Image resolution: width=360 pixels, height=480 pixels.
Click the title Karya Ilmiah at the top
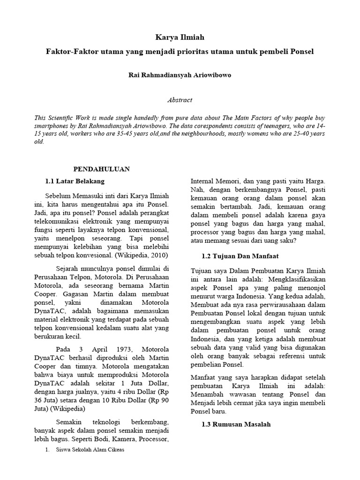coord(180,37)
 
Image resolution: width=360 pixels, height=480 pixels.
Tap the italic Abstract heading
coord(180,100)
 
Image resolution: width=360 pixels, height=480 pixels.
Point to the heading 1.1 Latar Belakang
coord(75,180)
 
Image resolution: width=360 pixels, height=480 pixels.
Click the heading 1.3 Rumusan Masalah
coord(231,424)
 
